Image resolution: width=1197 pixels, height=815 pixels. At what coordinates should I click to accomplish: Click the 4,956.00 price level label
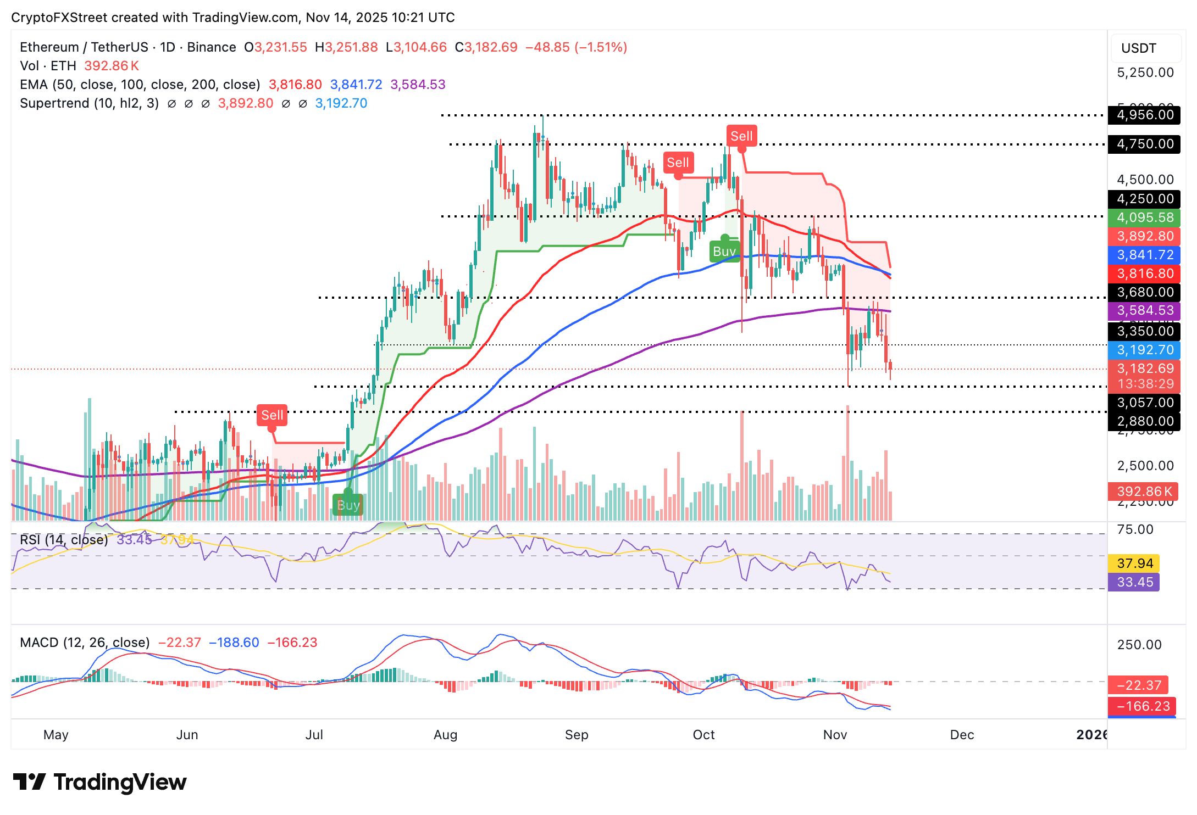1144,115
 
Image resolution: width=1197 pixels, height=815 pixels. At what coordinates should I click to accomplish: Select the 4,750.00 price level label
1144,144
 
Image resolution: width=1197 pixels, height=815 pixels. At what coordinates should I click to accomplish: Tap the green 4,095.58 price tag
1144,217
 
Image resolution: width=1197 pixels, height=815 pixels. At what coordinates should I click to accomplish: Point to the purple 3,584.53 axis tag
1144,310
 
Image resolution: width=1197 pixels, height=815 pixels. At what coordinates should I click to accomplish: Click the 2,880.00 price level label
1144,421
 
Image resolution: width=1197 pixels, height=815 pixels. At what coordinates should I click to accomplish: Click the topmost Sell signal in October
741,136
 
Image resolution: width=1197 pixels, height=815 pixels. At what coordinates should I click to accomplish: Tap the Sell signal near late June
272,415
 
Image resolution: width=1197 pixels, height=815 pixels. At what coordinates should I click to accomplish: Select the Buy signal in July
348,505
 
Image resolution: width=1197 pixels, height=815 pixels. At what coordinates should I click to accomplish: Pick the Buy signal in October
724,252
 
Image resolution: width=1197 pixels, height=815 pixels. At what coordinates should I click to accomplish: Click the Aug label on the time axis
445,735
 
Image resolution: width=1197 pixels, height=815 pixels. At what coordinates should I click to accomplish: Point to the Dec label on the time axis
962,735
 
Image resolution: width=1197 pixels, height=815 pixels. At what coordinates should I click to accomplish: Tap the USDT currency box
1145,48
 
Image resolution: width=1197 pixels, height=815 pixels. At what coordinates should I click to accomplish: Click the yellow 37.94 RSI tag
1134,563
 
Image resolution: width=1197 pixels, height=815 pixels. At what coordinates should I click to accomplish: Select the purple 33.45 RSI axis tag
1134,582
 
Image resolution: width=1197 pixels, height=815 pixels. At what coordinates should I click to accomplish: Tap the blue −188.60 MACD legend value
234,643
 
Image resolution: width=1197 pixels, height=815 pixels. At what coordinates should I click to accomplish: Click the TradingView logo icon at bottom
29,782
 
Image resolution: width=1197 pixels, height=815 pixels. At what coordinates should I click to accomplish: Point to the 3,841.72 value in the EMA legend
356,85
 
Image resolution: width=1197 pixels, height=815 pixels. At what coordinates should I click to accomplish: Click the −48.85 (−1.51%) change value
576,47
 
